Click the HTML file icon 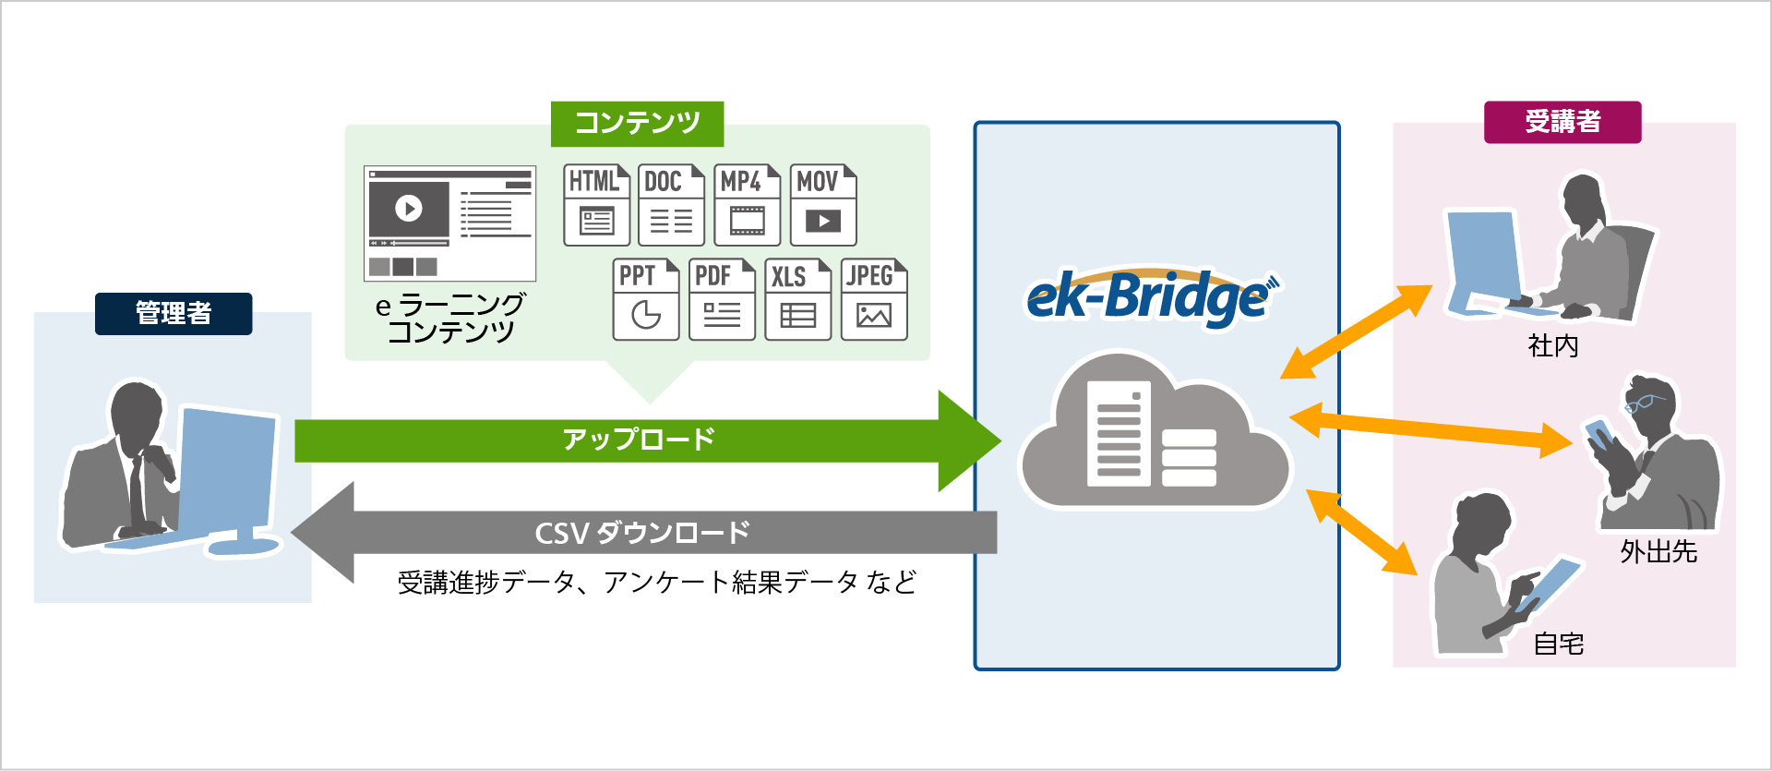click(596, 205)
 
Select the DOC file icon click(671, 205)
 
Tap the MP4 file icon click(747, 205)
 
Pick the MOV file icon click(823, 205)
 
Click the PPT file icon click(645, 299)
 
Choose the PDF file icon click(722, 299)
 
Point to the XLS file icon click(797, 299)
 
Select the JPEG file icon click(874, 299)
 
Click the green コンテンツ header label click(637, 123)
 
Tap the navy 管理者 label click(174, 314)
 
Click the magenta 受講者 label click(1562, 122)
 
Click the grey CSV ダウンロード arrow click(646, 533)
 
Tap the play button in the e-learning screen click(409, 208)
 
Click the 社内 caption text click(1553, 346)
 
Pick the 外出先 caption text click(1658, 552)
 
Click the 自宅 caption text click(1558, 644)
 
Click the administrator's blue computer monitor click(226, 471)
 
